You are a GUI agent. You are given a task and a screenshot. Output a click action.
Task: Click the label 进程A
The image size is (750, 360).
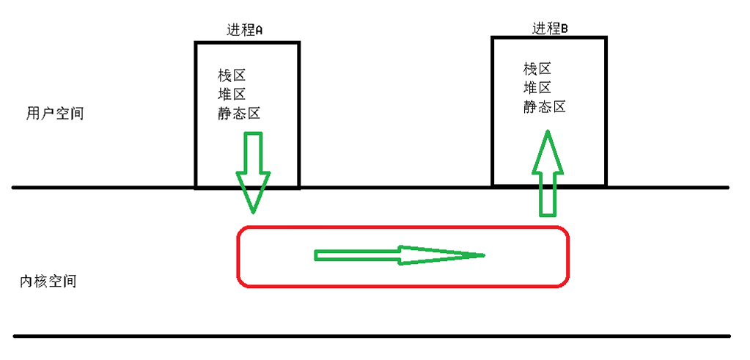[x=245, y=30]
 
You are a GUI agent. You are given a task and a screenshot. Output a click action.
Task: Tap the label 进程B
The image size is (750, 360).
[x=550, y=29]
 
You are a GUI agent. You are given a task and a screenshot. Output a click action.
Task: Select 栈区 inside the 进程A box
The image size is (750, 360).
[x=231, y=76]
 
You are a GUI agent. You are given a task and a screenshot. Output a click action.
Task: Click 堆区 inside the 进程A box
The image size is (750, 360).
[x=231, y=95]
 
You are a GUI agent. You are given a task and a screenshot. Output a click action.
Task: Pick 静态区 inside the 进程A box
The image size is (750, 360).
[x=239, y=114]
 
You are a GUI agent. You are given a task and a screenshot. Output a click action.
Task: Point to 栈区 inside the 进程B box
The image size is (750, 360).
[x=537, y=69]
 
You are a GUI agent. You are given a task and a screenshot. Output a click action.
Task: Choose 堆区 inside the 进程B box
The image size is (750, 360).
[x=537, y=88]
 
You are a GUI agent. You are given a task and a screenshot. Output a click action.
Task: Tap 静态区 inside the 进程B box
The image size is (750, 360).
[x=545, y=107]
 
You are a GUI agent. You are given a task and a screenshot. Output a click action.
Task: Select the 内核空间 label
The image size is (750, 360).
[x=48, y=281]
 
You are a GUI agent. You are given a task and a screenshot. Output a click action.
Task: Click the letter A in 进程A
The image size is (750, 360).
[x=258, y=31]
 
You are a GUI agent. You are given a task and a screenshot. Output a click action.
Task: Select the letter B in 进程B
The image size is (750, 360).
[x=565, y=29]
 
